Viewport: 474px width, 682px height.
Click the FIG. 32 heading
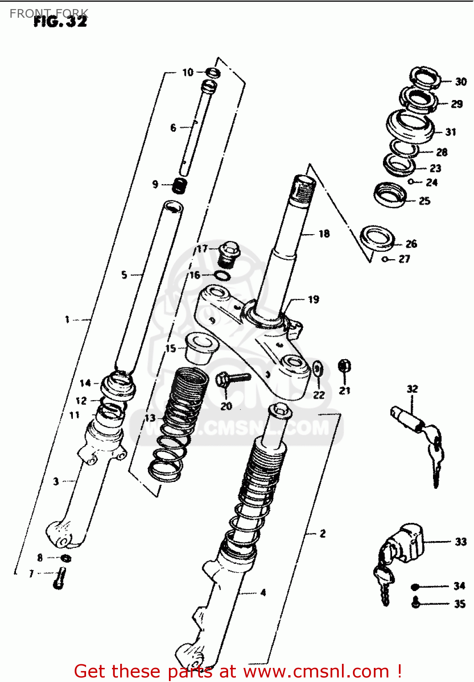pyautogui.click(x=60, y=21)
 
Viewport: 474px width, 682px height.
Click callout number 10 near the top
pyautogui.click(x=188, y=72)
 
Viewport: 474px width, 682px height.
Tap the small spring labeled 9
pyautogui.click(x=180, y=185)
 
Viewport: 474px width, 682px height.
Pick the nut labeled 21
pyautogui.click(x=345, y=366)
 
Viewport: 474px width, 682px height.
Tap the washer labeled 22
pyautogui.click(x=318, y=369)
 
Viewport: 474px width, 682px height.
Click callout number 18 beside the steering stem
pyautogui.click(x=324, y=234)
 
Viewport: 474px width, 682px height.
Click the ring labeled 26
pyautogui.click(x=377, y=238)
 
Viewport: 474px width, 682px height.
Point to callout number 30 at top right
pyautogui.click(x=461, y=81)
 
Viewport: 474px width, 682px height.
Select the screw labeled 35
pyautogui.click(x=415, y=603)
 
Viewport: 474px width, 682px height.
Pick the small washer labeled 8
pyautogui.click(x=66, y=558)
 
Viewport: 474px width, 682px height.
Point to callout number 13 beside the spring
pyautogui.click(x=150, y=418)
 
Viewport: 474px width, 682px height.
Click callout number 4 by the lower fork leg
pyautogui.click(x=263, y=592)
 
